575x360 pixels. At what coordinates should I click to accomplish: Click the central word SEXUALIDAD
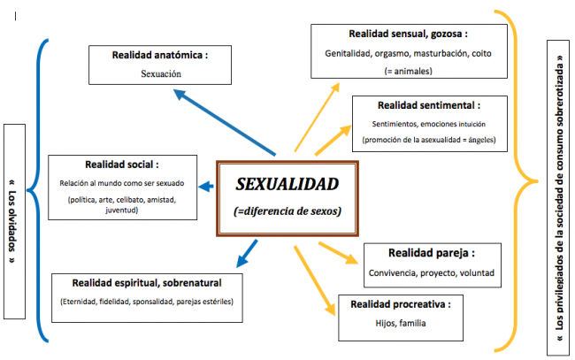[x=287, y=184]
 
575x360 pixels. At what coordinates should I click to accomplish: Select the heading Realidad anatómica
[x=160, y=55]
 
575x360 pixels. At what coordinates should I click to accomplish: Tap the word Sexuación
[x=161, y=73]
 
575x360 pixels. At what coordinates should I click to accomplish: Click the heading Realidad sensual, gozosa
[x=408, y=34]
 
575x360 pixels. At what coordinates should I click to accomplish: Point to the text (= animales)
[x=408, y=71]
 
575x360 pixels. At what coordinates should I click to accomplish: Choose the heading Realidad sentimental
[x=429, y=105]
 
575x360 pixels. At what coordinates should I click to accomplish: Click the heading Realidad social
[x=122, y=165]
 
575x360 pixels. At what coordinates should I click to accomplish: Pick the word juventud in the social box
[x=121, y=210]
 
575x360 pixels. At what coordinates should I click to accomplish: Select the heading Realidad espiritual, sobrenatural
[x=147, y=283]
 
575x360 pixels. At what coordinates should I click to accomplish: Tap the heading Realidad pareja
[x=432, y=253]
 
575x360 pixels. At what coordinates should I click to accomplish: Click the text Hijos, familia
[x=401, y=323]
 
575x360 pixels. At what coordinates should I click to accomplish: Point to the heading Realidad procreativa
[x=401, y=304]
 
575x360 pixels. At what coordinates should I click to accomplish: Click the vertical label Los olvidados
[x=13, y=221]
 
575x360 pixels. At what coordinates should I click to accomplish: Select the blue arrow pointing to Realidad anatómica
[x=224, y=122]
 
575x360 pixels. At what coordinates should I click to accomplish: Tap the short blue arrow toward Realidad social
[x=206, y=187]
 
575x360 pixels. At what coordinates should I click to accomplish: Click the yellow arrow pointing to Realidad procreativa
[x=315, y=280]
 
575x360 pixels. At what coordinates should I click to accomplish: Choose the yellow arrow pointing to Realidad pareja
[x=339, y=253]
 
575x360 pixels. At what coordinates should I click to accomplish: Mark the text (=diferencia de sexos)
[x=287, y=211]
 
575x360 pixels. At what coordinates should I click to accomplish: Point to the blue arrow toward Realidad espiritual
[x=247, y=254]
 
